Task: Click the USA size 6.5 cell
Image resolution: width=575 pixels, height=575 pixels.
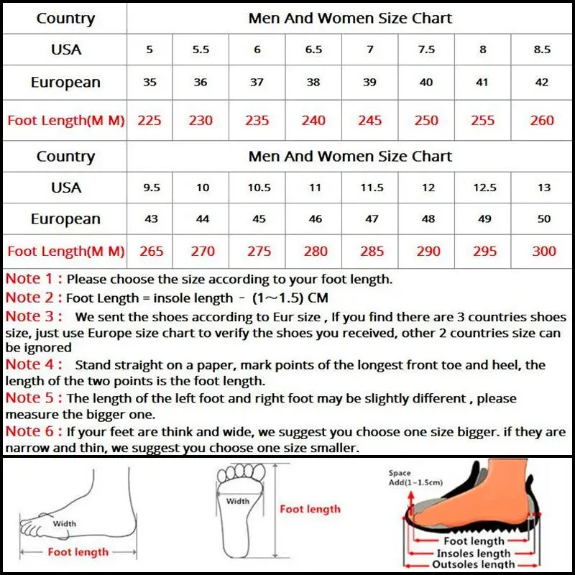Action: click(313, 50)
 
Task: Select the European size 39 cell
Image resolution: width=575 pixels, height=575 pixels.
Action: click(370, 82)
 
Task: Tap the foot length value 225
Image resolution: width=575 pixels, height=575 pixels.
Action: click(149, 120)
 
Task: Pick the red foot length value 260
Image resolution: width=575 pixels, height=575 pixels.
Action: click(542, 120)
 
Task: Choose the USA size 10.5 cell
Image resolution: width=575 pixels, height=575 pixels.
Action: click(259, 188)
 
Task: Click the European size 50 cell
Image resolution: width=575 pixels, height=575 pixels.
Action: click(544, 218)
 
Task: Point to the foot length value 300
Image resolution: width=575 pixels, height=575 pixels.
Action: click(544, 251)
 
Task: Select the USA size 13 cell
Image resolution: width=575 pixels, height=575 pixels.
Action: click(544, 188)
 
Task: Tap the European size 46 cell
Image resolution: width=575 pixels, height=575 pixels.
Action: click(315, 218)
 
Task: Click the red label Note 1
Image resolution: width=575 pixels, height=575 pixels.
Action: click(33, 278)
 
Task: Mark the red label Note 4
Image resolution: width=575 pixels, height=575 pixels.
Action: click(33, 364)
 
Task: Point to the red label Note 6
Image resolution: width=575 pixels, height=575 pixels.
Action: click(33, 431)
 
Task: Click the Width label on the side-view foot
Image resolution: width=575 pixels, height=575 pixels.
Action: click(65, 524)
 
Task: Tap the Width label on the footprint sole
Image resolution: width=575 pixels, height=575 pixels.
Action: click(238, 501)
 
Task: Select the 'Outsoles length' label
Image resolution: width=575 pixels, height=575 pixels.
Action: click(474, 566)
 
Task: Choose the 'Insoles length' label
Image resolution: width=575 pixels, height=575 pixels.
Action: click(474, 553)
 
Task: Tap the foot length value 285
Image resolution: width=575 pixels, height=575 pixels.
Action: click(372, 251)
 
